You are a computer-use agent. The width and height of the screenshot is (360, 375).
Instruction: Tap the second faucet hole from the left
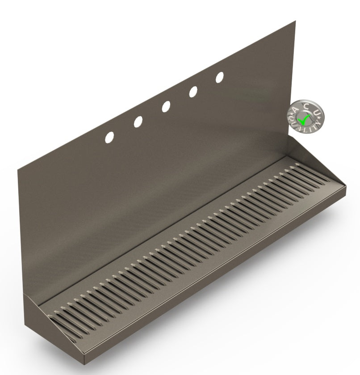138,122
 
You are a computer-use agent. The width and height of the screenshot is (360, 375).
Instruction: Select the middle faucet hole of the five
166,106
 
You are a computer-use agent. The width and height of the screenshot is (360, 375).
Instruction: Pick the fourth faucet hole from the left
193,92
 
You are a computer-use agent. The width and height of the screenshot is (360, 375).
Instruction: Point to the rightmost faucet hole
220,77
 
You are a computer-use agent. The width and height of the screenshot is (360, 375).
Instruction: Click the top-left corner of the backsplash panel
18,169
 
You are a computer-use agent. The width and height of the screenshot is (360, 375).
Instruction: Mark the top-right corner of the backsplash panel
295,21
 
